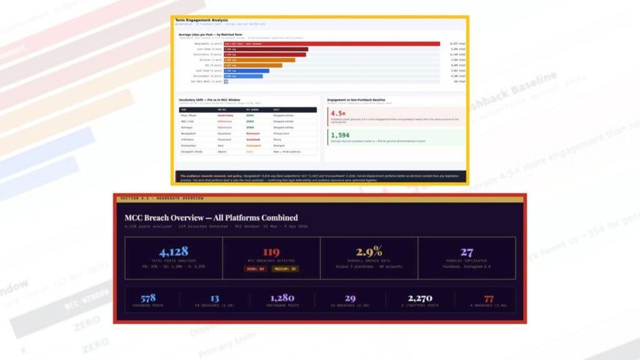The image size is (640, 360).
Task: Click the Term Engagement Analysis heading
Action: click(201, 20)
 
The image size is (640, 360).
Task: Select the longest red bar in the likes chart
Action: click(332, 44)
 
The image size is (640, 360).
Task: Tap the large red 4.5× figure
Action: click(339, 113)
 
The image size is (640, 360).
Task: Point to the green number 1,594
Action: click(340, 135)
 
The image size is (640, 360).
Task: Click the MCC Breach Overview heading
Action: click(211, 217)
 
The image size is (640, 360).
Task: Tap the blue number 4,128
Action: click(173, 252)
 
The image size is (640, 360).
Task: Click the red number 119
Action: click(271, 252)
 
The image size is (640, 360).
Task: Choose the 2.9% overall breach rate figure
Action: click(369, 252)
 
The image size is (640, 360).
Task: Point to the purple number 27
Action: click(467, 252)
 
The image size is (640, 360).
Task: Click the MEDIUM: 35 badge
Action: click(285, 269)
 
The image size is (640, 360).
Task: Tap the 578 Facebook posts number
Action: click(148, 298)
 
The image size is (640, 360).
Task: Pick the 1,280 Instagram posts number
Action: click(282, 298)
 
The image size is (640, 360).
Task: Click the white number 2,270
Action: click(420, 298)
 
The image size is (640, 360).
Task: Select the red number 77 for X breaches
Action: click(489, 298)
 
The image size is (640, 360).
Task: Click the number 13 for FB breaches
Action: click(214, 298)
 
